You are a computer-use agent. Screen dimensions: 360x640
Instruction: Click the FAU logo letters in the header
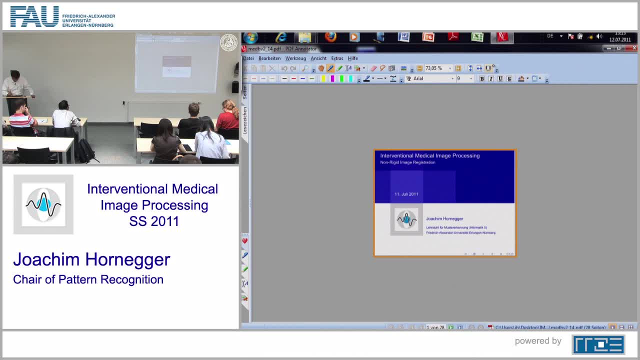tap(34, 16)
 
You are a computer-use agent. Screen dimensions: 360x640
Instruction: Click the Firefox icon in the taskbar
tap(330, 37)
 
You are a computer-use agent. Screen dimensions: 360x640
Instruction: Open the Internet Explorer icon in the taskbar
tap(281, 37)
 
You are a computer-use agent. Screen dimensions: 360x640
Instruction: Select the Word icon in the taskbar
tap(403, 37)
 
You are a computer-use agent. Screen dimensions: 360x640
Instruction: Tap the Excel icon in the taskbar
tap(477, 37)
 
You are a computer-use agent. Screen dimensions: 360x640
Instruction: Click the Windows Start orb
tap(250, 38)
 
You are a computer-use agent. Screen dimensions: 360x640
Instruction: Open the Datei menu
tap(248, 58)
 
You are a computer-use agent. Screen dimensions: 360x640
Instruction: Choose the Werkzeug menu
tap(295, 58)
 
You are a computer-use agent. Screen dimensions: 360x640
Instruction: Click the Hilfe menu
tap(352, 58)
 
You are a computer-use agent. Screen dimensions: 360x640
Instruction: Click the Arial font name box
tap(430, 78)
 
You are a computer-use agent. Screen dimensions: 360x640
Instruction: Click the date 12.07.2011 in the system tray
tap(620, 40)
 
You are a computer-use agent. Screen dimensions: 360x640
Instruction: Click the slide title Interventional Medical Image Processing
tap(429, 155)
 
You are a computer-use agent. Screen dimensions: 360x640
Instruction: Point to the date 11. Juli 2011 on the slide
tap(406, 194)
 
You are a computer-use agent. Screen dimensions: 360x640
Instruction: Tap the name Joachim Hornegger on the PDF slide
tap(444, 218)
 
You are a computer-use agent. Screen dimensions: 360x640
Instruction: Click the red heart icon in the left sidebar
tap(245, 241)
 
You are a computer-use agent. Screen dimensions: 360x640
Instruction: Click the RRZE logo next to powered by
tap(598, 344)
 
